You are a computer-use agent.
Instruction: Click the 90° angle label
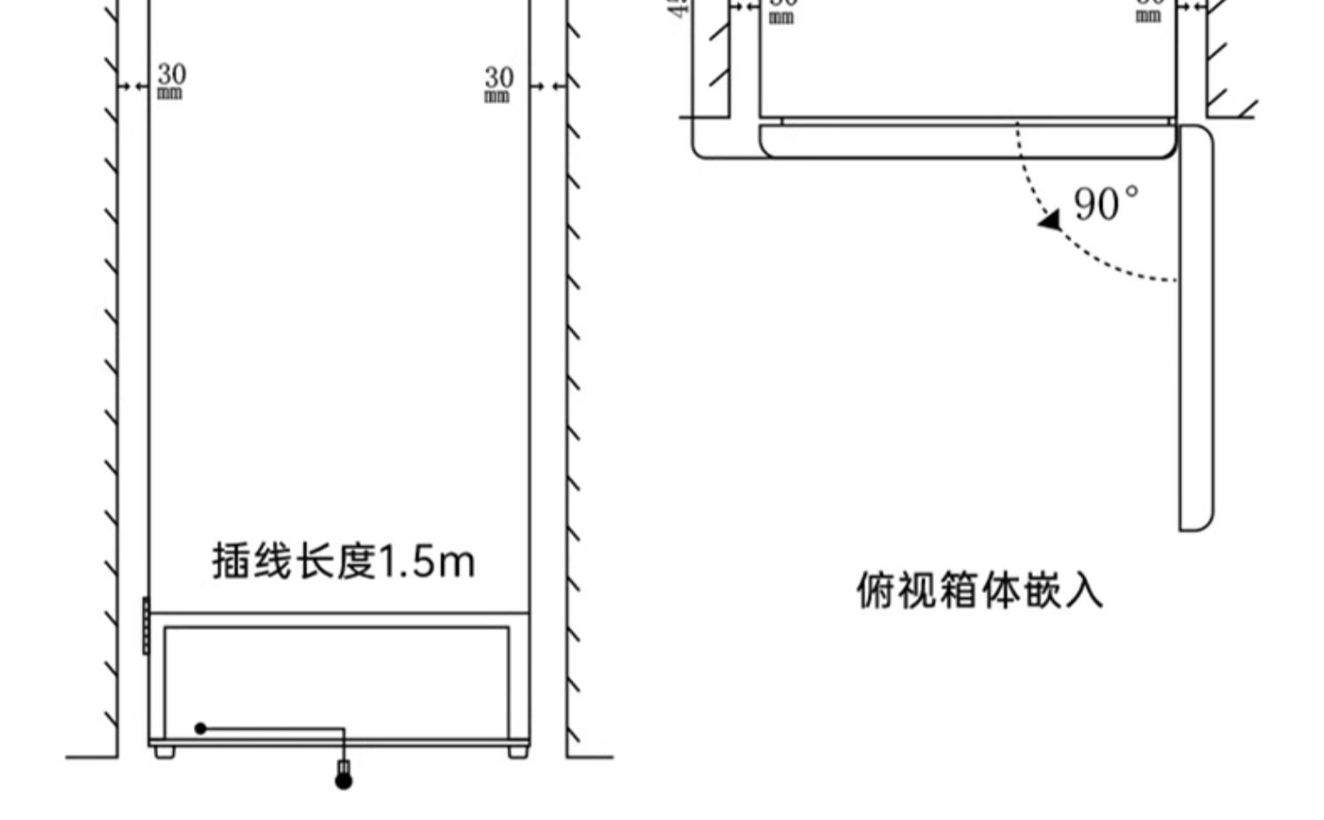pyautogui.click(x=1105, y=204)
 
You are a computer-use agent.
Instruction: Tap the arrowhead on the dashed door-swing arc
pyautogui.click(x=1050, y=220)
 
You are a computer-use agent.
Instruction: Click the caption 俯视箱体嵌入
pyautogui.click(x=980, y=591)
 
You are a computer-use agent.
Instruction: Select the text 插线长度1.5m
pyautogui.click(x=342, y=561)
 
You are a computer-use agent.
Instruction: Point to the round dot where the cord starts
pyautogui.click(x=200, y=728)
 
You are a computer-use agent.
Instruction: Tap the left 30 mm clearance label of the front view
pyautogui.click(x=170, y=80)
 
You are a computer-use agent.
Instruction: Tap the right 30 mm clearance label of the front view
pyautogui.click(x=498, y=84)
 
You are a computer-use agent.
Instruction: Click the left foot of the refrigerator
pyautogui.click(x=164, y=752)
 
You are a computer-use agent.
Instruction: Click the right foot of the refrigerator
pyautogui.click(x=518, y=752)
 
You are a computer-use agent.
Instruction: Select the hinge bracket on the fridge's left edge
pyautogui.click(x=146, y=626)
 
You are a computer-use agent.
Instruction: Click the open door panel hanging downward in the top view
pyautogui.click(x=1196, y=327)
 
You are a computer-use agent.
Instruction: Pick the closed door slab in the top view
pyautogui.click(x=967, y=141)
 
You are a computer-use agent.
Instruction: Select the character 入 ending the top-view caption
pyautogui.click(x=1085, y=591)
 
